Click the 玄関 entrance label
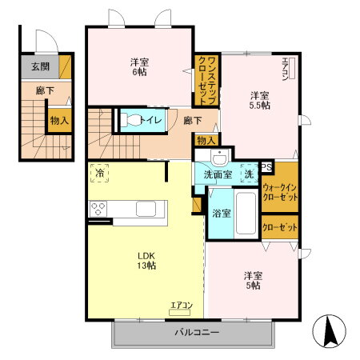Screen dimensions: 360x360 (x=41, y=66)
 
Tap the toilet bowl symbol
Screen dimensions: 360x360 (x=130, y=120)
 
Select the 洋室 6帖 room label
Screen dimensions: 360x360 (x=139, y=67)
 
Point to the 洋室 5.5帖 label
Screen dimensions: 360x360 (x=259, y=101)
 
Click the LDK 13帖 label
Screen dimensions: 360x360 (x=146, y=261)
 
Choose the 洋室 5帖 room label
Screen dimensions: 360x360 (x=253, y=281)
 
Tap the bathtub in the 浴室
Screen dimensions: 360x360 (x=246, y=214)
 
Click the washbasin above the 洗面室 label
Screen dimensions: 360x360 (x=220, y=157)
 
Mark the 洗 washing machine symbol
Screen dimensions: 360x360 (x=249, y=174)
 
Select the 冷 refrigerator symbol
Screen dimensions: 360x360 (x=99, y=173)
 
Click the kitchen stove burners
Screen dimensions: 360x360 (x=98, y=209)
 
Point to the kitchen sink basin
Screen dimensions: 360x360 (x=146, y=209)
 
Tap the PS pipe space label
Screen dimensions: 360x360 (x=266, y=167)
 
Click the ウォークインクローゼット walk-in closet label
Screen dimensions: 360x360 (x=280, y=193)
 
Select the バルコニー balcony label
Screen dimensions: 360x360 (x=197, y=332)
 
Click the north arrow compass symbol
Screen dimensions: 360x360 (x=329, y=331)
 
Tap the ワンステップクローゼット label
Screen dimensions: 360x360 (x=207, y=81)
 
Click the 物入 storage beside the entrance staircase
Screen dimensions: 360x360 (x=60, y=121)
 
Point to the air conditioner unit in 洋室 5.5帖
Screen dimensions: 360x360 (x=292, y=68)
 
